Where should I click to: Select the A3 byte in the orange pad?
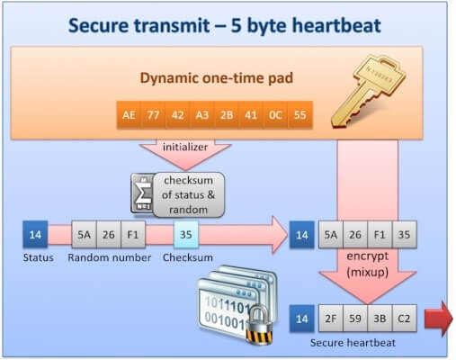[x=201, y=115]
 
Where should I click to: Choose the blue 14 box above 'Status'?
[x=36, y=236]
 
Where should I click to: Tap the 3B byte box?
[x=380, y=319]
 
